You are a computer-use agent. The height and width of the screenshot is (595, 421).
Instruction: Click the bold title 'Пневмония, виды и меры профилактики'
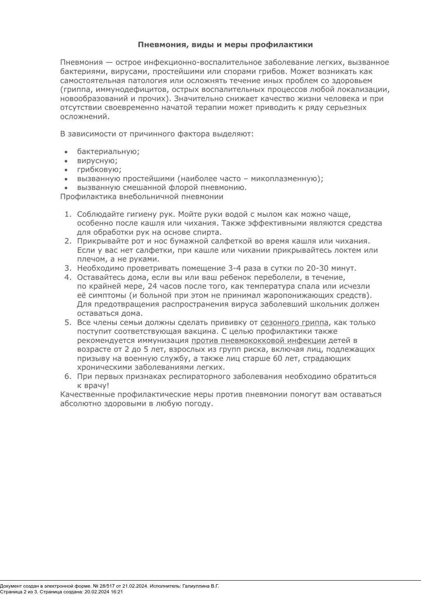click(225, 45)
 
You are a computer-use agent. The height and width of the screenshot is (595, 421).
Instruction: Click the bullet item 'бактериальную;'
click(108, 152)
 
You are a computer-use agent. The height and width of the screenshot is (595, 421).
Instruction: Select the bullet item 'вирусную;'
click(97, 161)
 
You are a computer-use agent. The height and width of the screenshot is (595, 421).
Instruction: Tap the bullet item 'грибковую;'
click(99, 170)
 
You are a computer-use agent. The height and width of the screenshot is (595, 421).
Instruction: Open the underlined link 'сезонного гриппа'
click(294, 323)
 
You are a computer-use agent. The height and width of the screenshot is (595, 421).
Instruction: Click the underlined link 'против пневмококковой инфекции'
click(258, 341)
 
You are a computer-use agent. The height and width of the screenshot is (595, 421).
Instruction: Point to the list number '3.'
click(68, 269)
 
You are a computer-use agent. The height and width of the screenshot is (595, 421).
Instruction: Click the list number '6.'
click(68, 377)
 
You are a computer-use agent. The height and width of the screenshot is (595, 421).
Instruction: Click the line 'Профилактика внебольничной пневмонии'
click(142, 197)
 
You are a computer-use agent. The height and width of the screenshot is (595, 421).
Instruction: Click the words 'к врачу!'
click(93, 386)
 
